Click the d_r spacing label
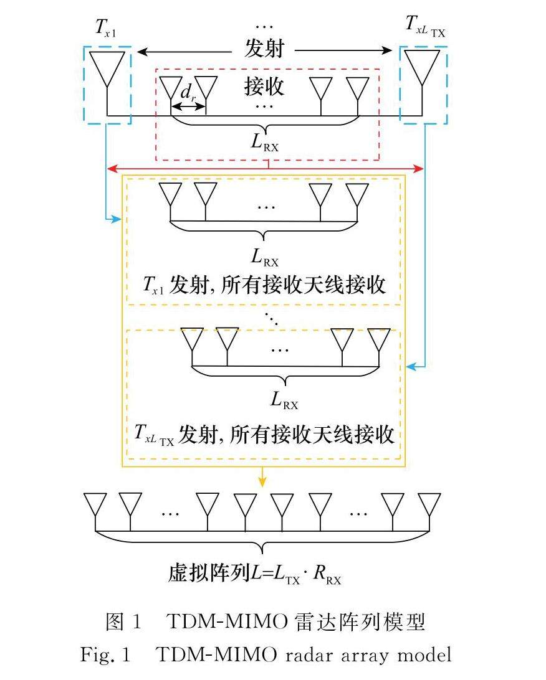[x=188, y=93]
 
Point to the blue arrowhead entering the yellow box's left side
[x=116, y=219]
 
